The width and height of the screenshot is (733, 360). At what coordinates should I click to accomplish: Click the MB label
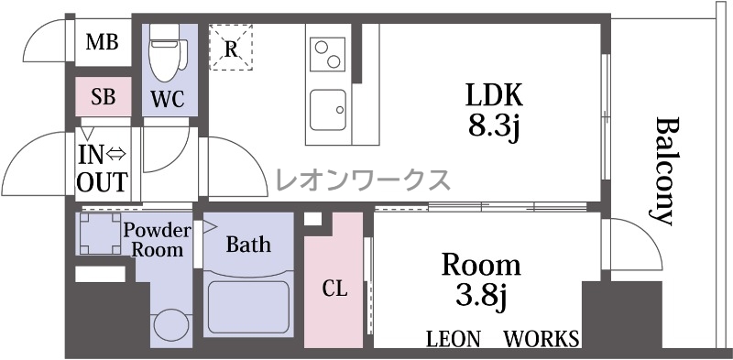click(x=102, y=43)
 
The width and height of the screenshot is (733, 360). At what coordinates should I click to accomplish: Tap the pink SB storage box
click(x=104, y=97)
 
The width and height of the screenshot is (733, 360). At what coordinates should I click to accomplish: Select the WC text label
click(x=168, y=99)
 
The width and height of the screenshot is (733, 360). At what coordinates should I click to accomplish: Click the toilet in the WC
click(x=168, y=53)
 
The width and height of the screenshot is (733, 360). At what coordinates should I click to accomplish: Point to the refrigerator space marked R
click(x=231, y=48)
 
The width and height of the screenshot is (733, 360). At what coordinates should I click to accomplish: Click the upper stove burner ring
click(x=322, y=48)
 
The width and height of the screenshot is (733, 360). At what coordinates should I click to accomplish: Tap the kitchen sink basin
click(x=328, y=110)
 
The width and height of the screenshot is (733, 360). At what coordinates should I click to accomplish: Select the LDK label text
click(x=494, y=96)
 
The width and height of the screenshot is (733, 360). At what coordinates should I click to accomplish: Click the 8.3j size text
click(x=494, y=126)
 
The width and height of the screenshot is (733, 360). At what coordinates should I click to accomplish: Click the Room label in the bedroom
click(x=481, y=265)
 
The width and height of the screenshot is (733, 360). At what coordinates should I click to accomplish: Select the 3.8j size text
click(x=482, y=297)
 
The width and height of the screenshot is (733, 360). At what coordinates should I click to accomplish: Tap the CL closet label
click(x=334, y=289)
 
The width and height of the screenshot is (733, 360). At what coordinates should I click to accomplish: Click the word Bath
click(x=248, y=244)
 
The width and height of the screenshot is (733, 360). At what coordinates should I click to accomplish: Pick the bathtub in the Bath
click(x=248, y=305)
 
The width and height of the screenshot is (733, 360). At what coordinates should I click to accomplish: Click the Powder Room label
click(x=157, y=239)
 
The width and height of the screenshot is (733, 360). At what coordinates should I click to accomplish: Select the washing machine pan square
click(x=99, y=234)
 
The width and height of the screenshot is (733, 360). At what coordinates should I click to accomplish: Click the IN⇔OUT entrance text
click(x=102, y=169)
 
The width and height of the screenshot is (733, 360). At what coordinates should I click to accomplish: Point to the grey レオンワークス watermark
click(x=363, y=180)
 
